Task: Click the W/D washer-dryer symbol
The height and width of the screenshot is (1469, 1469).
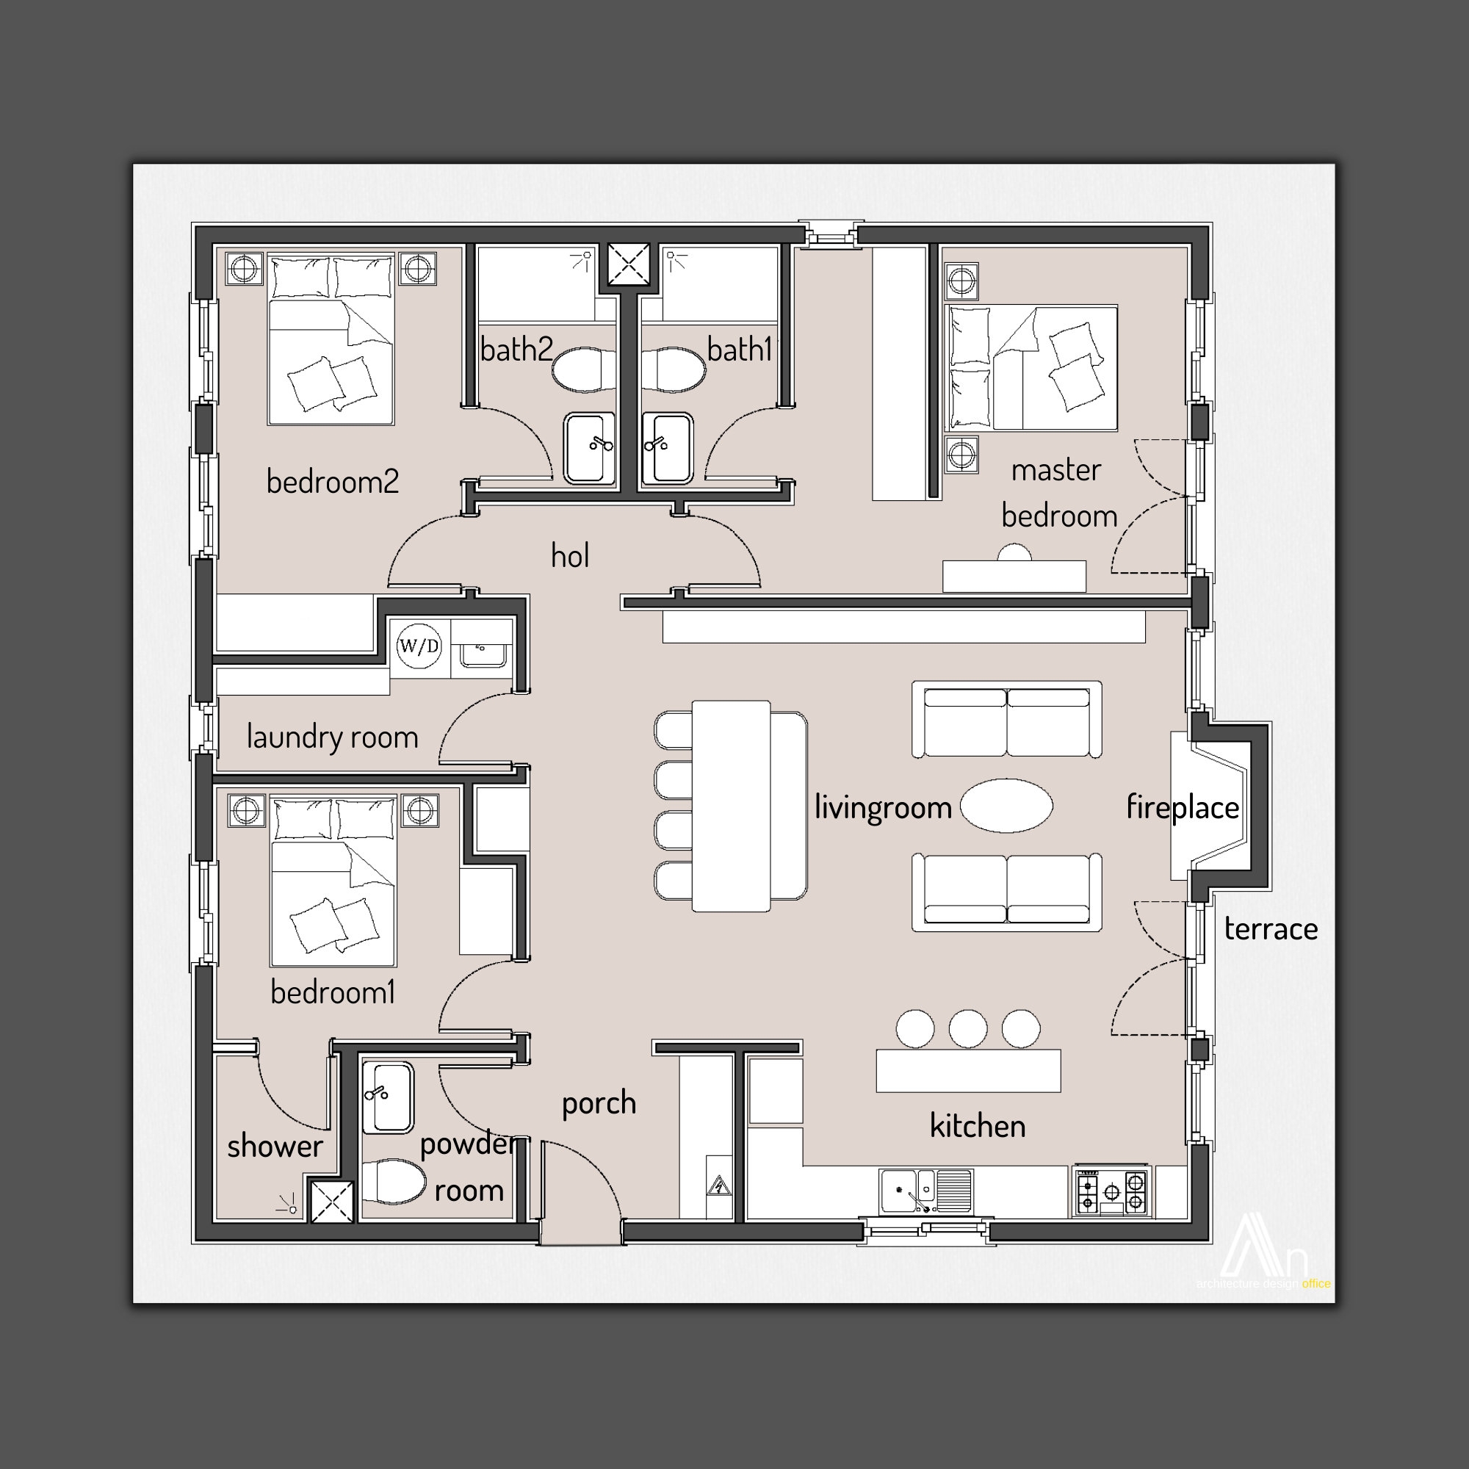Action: tap(419, 647)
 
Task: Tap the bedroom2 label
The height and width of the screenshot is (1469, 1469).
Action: tap(332, 482)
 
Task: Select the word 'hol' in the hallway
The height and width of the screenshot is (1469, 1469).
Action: tap(569, 557)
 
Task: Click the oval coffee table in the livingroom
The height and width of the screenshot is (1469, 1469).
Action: tap(1006, 805)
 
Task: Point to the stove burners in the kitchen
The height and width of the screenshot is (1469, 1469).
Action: tap(1111, 1191)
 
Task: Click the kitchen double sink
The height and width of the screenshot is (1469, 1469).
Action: tap(925, 1190)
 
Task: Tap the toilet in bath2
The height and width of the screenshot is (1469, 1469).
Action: tap(583, 369)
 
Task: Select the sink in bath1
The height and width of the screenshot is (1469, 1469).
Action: tap(668, 449)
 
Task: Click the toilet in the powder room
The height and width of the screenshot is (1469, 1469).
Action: tap(393, 1182)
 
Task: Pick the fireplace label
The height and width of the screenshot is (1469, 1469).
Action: tap(1183, 807)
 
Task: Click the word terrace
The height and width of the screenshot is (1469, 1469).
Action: tap(1271, 929)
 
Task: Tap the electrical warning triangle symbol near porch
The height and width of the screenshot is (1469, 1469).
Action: tap(718, 1186)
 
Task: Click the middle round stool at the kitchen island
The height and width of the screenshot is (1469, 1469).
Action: tap(967, 1029)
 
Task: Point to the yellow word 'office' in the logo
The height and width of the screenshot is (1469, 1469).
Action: tap(1315, 1284)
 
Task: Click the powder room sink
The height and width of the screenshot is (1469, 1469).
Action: tap(388, 1097)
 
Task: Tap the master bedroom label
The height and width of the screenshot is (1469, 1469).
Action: tap(1058, 494)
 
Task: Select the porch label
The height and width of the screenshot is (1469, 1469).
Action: tap(599, 1103)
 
